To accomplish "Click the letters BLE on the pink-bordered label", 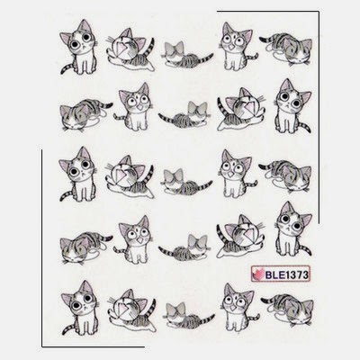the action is (x=274, y=274).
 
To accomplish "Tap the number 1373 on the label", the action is (x=296, y=274).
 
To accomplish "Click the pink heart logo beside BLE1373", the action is (x=257, y=274).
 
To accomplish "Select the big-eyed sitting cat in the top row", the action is (x=78, y=48).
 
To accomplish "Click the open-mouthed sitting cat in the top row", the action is (x=238, y=47).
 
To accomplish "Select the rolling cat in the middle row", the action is (x=130, y=177).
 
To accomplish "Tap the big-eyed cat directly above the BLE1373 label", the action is (x=293, y=229).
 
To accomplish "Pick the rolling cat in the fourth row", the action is (x=240, y=235).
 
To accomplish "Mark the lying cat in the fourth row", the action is (x=184, y=246).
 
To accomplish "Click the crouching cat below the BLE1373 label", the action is (x=287, y=306).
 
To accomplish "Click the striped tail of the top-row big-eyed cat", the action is (x=67, y=68).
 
